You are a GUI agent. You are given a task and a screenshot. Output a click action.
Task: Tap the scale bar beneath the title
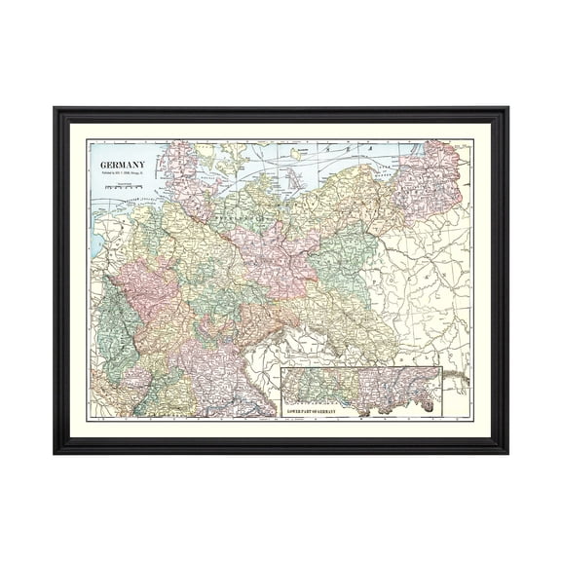(x=125, y=181)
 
